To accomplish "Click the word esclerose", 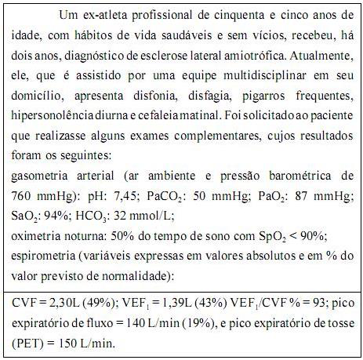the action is (x=180, y=56).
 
